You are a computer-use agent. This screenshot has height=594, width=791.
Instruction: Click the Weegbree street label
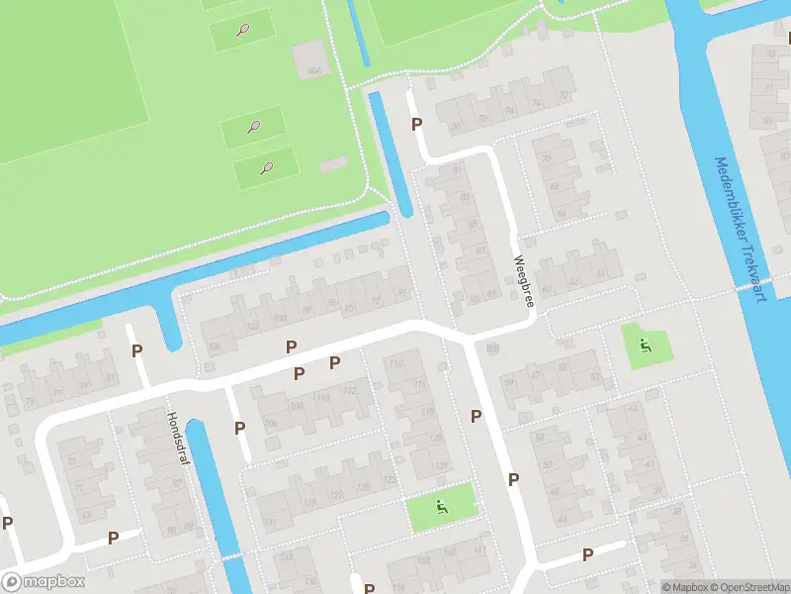522,282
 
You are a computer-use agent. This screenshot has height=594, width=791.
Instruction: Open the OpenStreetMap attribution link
747,587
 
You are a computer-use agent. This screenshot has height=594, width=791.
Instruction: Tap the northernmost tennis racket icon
243,30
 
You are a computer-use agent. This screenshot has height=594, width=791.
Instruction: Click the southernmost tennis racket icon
265,167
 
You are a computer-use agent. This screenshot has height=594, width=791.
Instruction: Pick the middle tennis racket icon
254,127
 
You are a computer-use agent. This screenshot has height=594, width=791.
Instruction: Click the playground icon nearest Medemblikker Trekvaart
646,346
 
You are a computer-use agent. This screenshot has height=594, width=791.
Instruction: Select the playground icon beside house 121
441,509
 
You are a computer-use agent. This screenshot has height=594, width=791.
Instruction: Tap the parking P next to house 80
417,124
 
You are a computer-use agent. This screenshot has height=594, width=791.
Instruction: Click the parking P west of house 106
239,428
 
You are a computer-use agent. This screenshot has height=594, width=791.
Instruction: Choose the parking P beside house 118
476,416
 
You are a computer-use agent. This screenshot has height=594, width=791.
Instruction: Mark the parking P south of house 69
114,538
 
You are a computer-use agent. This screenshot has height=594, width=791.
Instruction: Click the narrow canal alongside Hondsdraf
211,495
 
